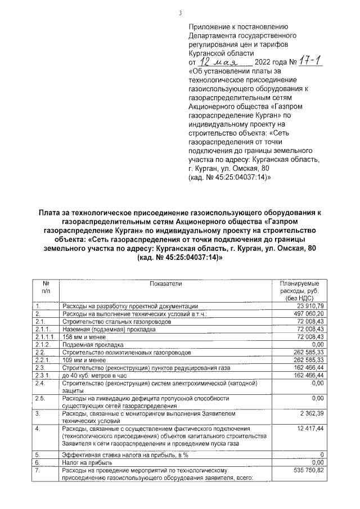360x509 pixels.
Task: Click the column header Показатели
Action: pos(166,284)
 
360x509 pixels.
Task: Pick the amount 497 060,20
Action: pos(307,313)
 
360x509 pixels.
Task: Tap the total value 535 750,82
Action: pos(307,469)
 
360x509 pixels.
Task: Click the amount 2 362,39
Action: pos(310,413)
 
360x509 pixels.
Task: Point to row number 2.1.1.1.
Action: pos(44,336)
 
